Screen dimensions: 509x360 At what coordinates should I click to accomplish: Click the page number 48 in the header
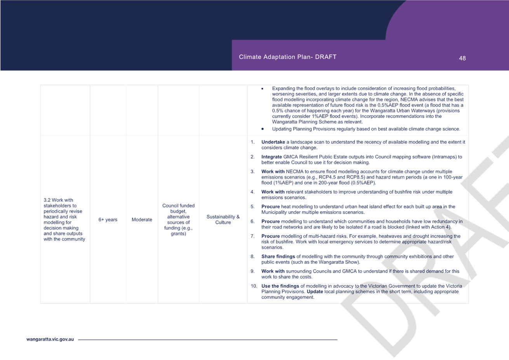[462, 58]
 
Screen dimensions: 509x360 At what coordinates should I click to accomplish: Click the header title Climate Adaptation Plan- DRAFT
[287, 57]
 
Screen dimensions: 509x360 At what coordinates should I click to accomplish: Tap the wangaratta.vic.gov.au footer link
[50, 339]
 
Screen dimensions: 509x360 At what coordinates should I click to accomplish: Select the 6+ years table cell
[108, 219]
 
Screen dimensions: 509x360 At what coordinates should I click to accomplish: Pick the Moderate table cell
[142, 219]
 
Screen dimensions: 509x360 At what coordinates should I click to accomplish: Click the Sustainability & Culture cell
[223, 219]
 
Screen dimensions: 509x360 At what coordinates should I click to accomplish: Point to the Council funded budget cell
[178, 219]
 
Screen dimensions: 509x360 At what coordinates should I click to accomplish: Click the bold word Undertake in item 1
[273, 142]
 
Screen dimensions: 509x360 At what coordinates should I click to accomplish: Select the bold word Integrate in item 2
[271, 157]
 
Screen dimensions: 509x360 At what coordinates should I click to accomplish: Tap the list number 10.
[254, 286]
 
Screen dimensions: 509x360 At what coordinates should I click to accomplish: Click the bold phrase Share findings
[278, 256]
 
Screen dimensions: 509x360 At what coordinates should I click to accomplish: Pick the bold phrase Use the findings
[280, 286]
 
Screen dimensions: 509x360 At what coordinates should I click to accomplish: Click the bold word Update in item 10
[315, 292]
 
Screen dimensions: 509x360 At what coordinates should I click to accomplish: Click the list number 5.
[252, 207]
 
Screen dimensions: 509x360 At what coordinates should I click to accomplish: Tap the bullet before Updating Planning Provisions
[262, 129]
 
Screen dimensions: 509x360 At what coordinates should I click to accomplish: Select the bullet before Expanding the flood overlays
[262, 89]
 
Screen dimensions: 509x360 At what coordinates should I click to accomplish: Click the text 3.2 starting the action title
[47, 200]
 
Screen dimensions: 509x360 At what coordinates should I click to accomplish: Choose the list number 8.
[252, 256]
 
